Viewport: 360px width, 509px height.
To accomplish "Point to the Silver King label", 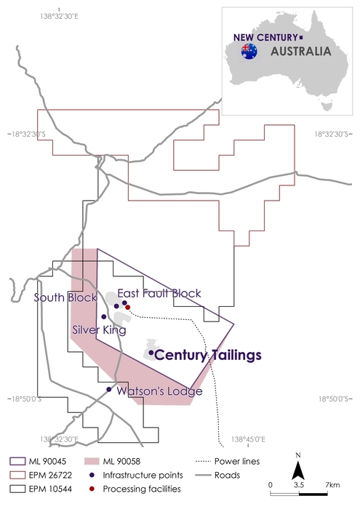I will tap(99, 330).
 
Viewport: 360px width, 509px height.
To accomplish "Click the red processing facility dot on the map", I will tap(128, 307).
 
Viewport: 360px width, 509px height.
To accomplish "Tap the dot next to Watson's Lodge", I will tap(109, 390).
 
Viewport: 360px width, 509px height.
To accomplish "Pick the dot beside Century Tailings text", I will tap(151, 353).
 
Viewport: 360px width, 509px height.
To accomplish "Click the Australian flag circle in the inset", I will tap(250, 51).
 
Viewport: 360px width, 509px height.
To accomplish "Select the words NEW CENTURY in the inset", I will tap(265, 37).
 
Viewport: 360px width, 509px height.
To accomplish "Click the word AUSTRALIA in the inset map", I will tap(300, 52).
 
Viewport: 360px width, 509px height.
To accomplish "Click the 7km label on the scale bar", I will tap(333, 484).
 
